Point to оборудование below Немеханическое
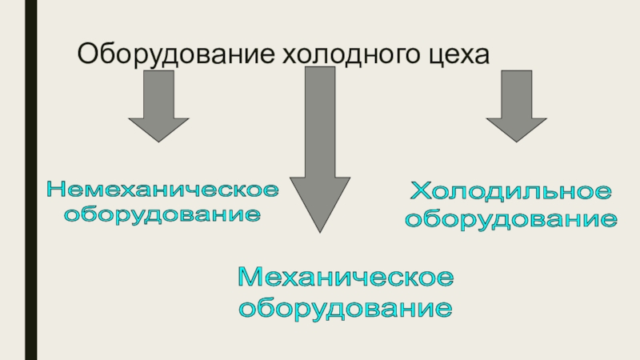(163, 214)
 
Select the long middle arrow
(320, 144)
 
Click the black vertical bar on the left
(30, 180)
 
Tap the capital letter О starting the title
(86, 56)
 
